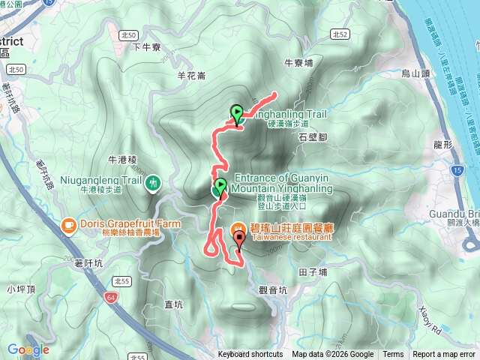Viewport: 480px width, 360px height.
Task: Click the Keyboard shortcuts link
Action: [250, 355]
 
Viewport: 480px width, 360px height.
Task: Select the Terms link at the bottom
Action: [393, 355]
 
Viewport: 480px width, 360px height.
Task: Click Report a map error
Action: [445, 355]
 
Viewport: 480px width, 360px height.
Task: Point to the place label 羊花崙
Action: [191, 76]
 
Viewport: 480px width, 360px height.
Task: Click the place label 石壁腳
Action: [313, 137]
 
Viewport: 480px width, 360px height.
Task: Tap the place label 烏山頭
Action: [414, 73]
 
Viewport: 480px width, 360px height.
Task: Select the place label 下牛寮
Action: [147, 46]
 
